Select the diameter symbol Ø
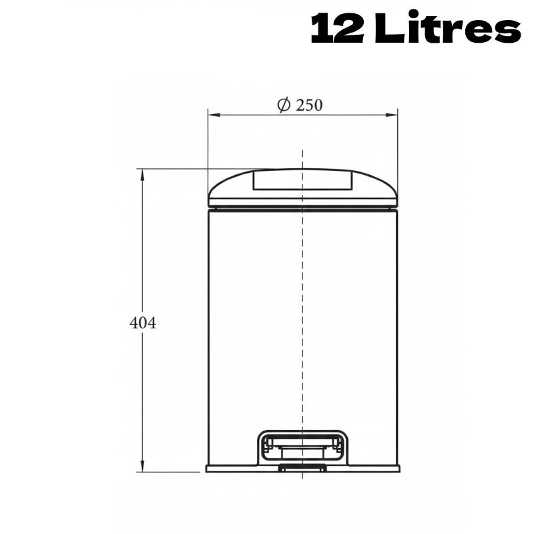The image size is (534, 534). (284, 105)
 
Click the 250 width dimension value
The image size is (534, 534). (310, 105)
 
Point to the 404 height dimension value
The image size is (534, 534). (142, 323)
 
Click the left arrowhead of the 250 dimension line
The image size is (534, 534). (212, 115)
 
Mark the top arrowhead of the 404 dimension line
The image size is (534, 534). (142, 174)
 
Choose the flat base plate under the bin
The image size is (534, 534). (234, 469)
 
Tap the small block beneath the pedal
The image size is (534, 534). (302, 468)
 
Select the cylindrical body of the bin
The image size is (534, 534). (254, 320)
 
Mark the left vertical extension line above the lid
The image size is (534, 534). (208, 144)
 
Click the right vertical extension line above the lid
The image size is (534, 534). (398, 144)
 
